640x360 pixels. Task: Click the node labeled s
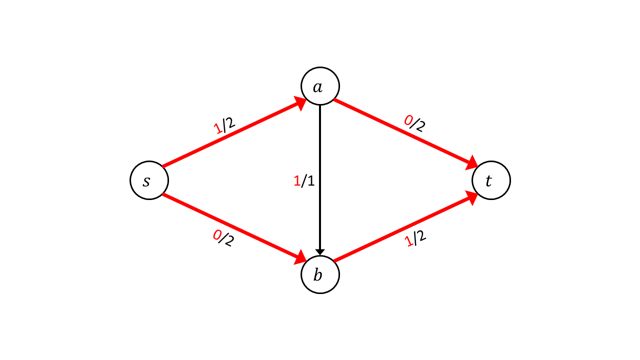[x=149, y=180]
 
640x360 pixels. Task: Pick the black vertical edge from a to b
[x=320, y=180]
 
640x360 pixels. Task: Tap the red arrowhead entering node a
[x=300, y=103]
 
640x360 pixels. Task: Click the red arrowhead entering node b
[x=300, y=257]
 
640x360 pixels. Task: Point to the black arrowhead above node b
[x=320, y=252]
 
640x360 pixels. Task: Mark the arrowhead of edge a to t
[x=472, y=163]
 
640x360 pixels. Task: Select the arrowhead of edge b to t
[x=472, y=197]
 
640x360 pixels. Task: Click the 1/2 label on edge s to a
[x=224, y=125]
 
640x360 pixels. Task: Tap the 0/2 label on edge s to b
[x=223, y=238]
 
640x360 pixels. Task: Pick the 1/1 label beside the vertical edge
[x=304, y=181]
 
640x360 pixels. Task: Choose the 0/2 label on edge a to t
[x=414, y=123]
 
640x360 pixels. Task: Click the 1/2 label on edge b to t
[x=415, y=238]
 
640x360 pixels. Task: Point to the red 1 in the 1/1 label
[x=297, y=181]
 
